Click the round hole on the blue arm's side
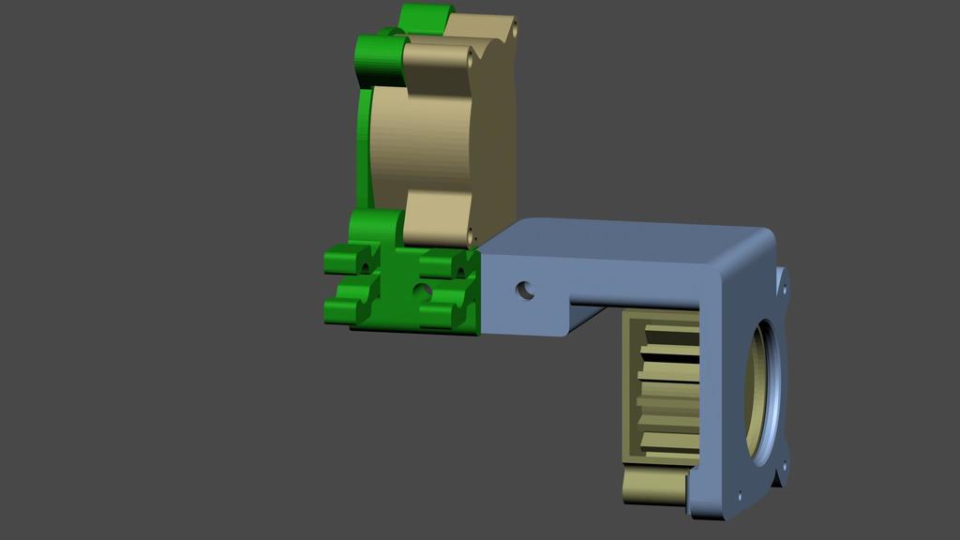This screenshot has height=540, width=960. coord(525,290)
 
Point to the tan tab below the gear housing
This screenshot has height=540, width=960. coord(652,487)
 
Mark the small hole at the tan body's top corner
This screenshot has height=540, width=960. coord(514,29)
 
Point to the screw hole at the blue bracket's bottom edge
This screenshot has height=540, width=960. coord(740,495)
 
